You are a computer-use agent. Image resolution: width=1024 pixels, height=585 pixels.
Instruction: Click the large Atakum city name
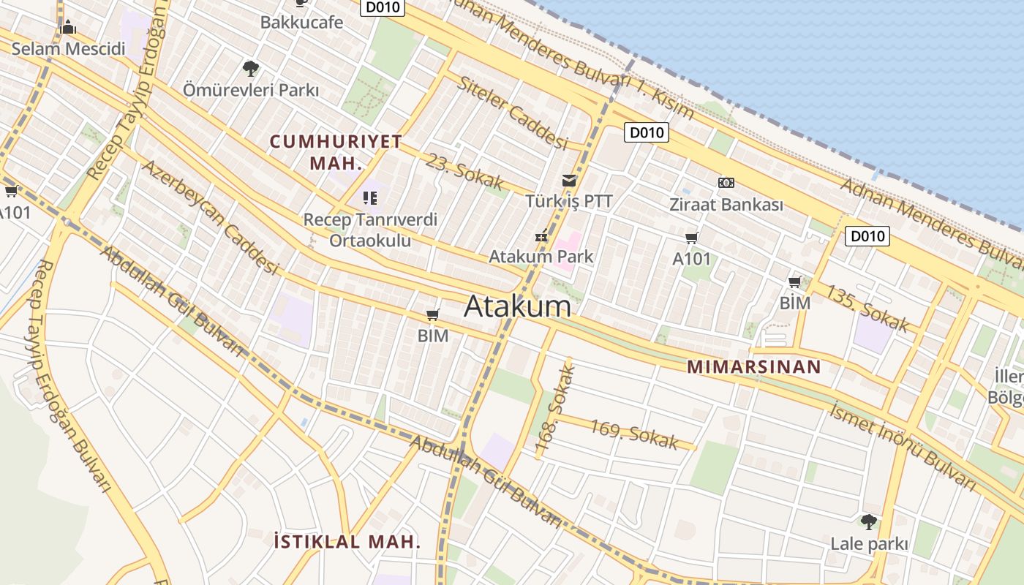(x=517, y=306)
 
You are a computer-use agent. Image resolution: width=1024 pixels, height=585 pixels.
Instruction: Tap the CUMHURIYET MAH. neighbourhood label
(x=336, y=151)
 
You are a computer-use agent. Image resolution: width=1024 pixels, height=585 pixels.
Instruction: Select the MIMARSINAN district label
(x=754, y=367)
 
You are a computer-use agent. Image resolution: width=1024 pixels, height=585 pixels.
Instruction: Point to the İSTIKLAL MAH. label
(x=347, y=542)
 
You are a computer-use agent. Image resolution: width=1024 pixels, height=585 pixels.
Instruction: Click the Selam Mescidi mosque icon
(x=68, y=28)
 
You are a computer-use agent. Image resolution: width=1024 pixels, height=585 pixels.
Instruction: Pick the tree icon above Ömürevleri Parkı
(x=250, y=69)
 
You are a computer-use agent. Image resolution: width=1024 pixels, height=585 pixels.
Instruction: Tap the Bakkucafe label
(x=301, y=22)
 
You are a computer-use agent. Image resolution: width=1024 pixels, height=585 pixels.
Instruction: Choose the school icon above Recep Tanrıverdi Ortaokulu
(x=369, y=197)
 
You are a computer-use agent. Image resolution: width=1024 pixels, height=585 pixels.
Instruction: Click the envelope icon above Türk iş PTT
(x=568, y=181)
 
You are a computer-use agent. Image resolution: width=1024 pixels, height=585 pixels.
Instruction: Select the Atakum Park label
(x=541, y=257)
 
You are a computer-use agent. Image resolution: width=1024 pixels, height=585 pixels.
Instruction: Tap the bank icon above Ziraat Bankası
(x=726, y=183)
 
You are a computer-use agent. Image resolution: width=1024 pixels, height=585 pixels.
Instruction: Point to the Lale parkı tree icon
(x=868, y=522)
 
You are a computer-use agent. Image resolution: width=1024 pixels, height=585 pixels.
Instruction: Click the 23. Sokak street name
(x=465, y=171)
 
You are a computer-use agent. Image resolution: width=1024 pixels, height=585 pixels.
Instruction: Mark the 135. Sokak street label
(x=867, y=307)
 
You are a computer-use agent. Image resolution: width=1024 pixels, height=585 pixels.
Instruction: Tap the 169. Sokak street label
(x=634, y=434)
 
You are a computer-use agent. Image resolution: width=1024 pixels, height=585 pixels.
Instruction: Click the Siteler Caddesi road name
(x=513, y=112)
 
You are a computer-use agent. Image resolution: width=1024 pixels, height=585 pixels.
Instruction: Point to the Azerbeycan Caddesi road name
(x=211, y=216)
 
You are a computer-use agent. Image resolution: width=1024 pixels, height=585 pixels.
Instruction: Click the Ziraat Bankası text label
(x=726, y=205)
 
